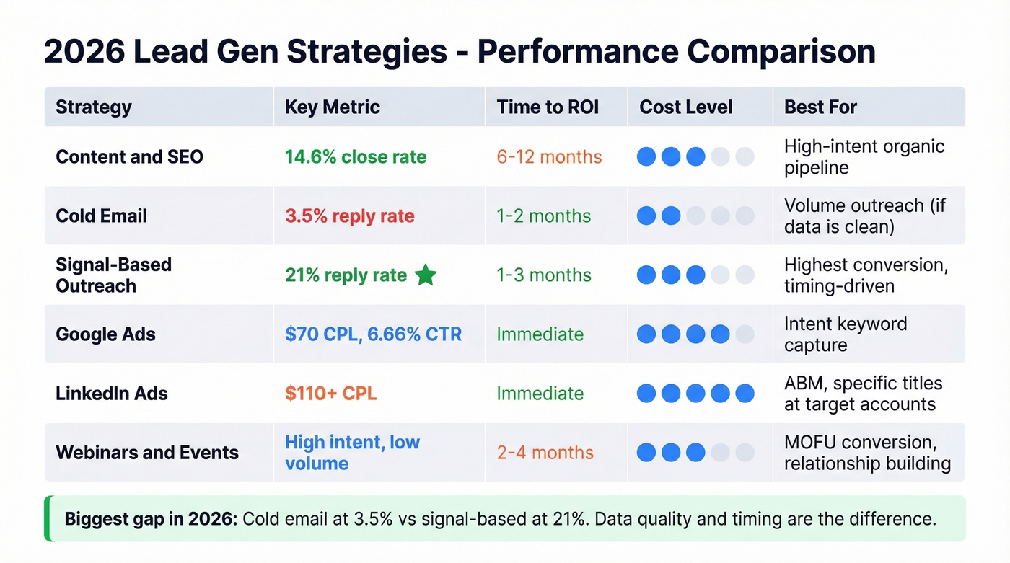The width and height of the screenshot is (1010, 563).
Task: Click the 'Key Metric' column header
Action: click(x=332, y=107)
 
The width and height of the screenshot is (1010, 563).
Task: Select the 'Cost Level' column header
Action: click(x=685, y=107)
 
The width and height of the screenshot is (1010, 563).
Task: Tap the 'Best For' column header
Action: click(x=820, y=107)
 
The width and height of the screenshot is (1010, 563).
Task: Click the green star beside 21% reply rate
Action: click(x=426, y=275)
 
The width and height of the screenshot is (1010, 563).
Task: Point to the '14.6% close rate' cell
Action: click(x=355, y=156)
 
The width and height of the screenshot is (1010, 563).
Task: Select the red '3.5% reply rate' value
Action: click(x=349, y=216)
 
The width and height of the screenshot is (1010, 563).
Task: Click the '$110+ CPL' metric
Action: click(x=330, y=393)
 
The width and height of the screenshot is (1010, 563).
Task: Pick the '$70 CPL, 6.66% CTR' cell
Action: click(x=373, y=334)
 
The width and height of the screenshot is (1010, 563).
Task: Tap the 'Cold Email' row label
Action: click(x=101, y=216)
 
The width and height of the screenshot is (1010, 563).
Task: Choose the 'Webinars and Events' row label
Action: click(x=146, y=452)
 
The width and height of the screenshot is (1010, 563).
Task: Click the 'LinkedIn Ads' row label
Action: click(x=111, y=393)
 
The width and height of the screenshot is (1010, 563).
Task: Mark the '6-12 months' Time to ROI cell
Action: click(x=549, y=156)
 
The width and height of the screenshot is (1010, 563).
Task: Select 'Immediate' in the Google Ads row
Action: click(x=540, y=334)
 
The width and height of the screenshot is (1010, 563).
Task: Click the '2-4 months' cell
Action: click(x=545, y=452)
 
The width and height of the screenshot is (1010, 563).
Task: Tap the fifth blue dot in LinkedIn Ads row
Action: click(x=745, y=393)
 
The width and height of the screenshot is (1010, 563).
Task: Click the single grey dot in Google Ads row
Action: click(x=745, y=334)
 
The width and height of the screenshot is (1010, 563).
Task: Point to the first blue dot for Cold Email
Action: click(x=646, y=216)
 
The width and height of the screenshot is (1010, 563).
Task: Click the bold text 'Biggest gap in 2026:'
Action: click(x=151, y=519)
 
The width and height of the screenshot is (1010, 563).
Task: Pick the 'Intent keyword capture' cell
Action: click(x=846, y=334)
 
